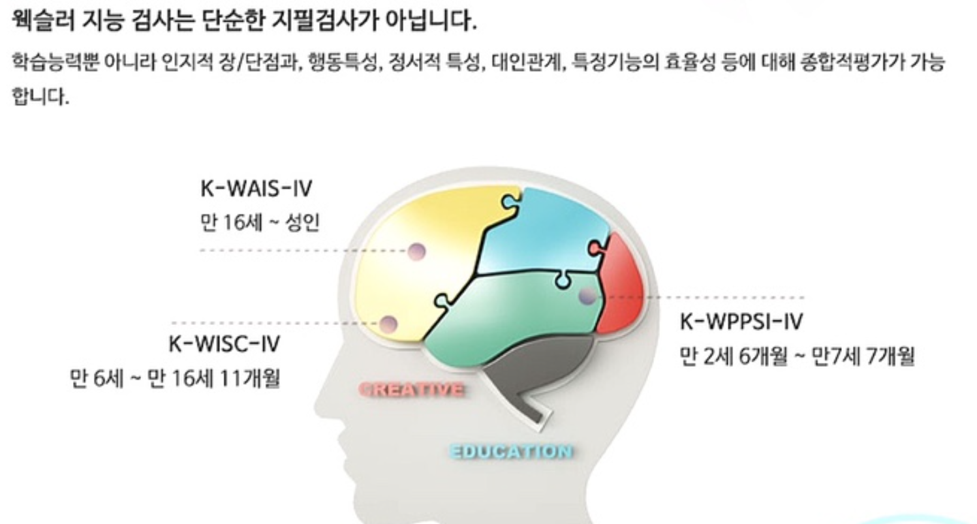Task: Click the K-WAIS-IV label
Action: coord(256,190)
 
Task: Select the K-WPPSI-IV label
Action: coord(741,322)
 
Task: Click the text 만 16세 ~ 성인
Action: coord(260,224)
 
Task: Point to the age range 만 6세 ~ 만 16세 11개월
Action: coord(174,379)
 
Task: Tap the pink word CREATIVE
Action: coord(412,390)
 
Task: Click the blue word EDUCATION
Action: coord(511,452)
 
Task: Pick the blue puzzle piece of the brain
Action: coord(548,228)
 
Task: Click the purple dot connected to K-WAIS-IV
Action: coord(416,251)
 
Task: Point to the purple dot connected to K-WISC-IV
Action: coord(388,323)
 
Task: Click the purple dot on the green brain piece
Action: coord(587,297)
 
